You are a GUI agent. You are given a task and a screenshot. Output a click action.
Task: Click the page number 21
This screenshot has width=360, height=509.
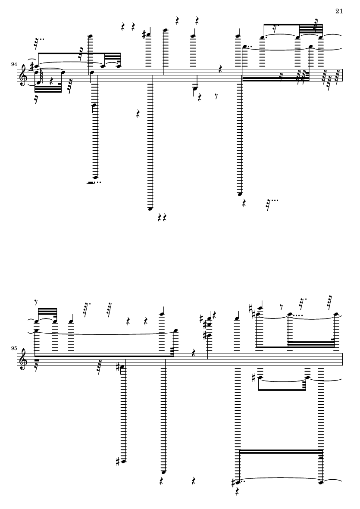tap(339, 11)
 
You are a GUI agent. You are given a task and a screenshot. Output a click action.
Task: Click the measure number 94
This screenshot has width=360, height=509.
tap(14, 65)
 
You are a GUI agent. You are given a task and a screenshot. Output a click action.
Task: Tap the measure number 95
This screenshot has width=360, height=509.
tap(14, 348)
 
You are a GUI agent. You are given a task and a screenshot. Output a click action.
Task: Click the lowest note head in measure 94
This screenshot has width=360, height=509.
tap(150, 209)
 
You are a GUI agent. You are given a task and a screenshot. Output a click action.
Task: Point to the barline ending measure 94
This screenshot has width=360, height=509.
tap(343, 75)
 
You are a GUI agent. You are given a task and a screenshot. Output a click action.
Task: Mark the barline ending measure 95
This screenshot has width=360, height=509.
tap(343, 359)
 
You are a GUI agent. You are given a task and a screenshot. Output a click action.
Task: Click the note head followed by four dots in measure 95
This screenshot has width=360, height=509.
tap(289, 314)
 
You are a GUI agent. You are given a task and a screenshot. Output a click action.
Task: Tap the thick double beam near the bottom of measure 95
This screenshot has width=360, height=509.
tap(281, 452)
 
